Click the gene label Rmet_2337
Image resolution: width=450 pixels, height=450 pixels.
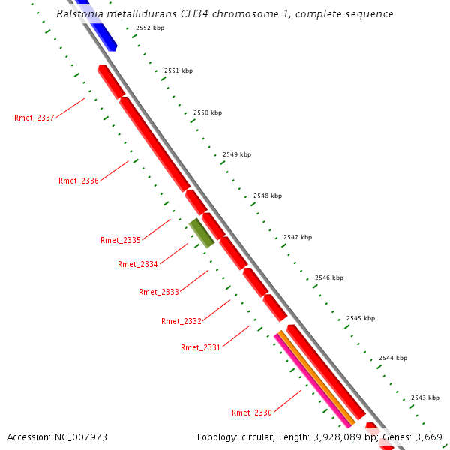pyautogui.click(x=34, y=118)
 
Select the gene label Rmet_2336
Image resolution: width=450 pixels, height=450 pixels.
pyautogui.click(x=79, y=181)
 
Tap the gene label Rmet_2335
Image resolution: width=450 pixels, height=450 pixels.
pyautogui.click(x=121, y=240)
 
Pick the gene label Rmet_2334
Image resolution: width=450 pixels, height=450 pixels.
pyautogui.click(x=138, y=264)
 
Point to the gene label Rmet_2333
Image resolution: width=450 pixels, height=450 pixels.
pyautogui.click(x=159, y=292)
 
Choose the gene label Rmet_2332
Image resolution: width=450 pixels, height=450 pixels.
pyautogui.click(x=181, y=321)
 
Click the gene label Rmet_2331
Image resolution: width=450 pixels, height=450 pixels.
pyautogui.click(x=201, y=347)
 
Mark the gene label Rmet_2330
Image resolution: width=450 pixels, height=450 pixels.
pyautogui.click(x=252, y=412)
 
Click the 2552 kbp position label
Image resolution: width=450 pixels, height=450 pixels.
pyautogui.click(x=150, y=28)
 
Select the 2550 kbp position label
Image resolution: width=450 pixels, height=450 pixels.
pyautogui.click(x=208, y=112)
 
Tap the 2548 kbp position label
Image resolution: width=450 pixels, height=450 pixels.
pyautogui.click(x=268, y=196)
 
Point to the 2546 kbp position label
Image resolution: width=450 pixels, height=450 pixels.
pyautogui.click(x=329, y=277)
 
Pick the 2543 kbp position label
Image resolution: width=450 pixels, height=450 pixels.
pyautogui.click(x=425, y=397)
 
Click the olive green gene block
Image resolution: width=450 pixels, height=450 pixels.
pyautogui.click(x=202, y=232)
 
